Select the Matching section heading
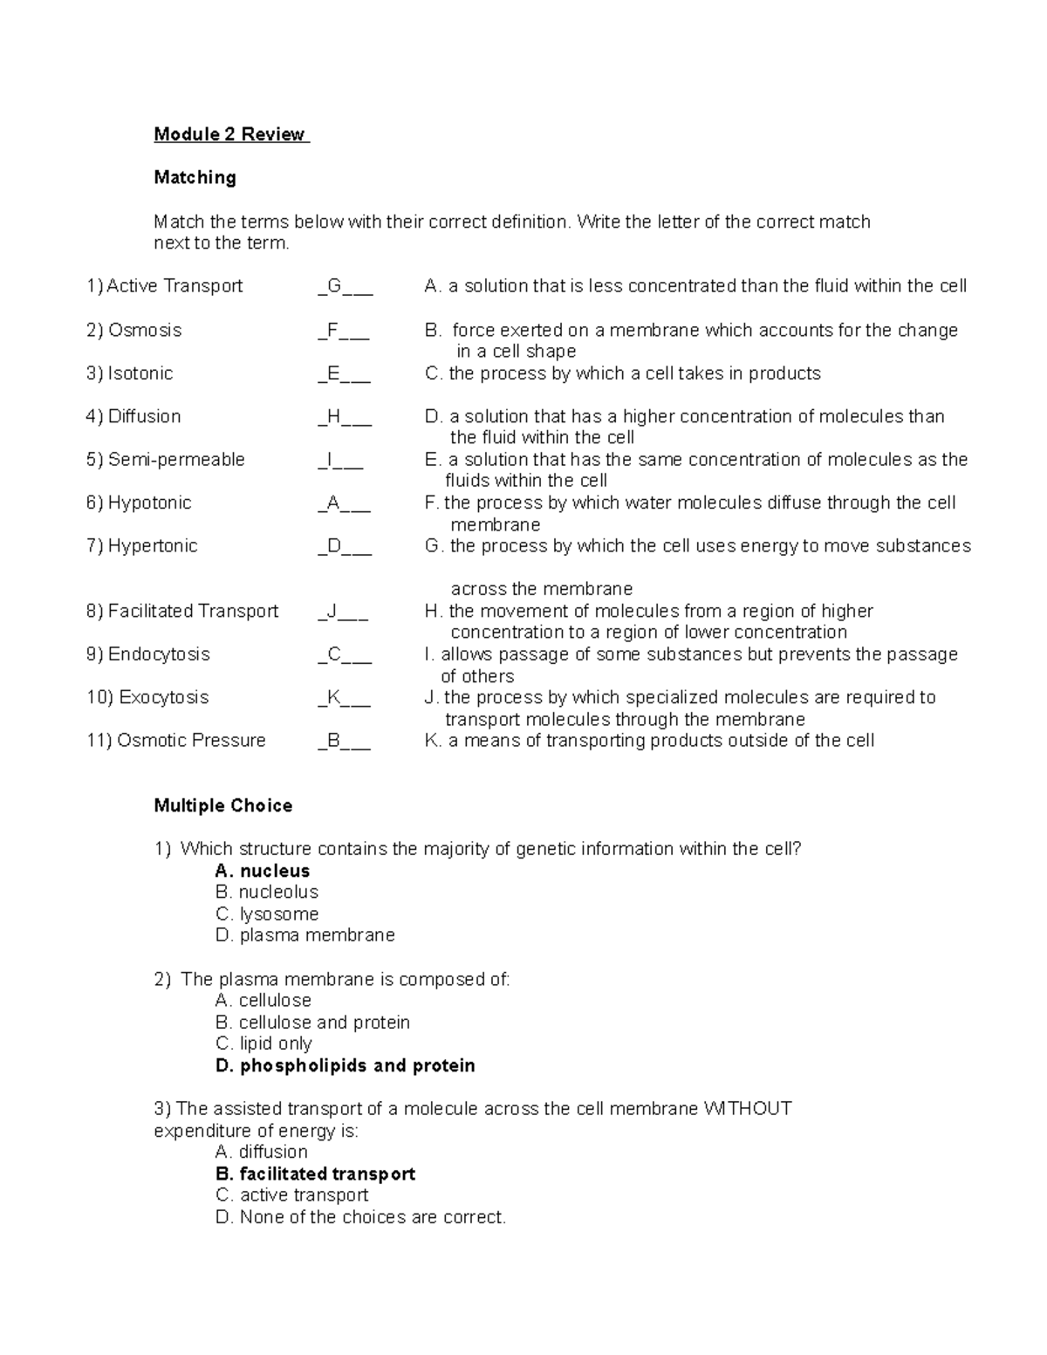coord(195,178)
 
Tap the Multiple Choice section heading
coord(222,806)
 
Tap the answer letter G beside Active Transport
coord(334,286)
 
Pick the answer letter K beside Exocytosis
coord(333,698)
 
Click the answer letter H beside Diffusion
coord(333,417)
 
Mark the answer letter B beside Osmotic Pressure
coord(333,741)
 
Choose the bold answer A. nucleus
coord(262,871)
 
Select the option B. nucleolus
coord(266,893)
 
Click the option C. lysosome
coord(266,914)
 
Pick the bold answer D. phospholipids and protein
coord(345,1066)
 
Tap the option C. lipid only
coord(263,1044)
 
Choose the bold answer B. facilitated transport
coord(314,1174)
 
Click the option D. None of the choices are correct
coord(359,1217)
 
